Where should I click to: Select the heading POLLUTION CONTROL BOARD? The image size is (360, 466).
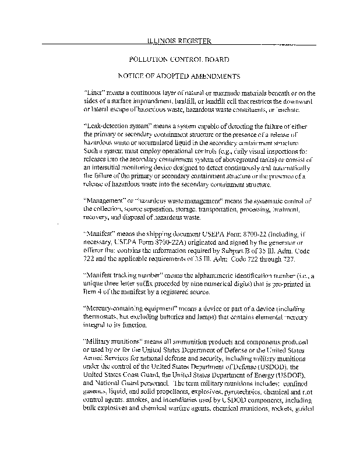coord(175,59)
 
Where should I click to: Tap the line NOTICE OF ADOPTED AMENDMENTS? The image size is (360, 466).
coord(175,76)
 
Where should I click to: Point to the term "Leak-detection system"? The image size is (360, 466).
coord(117,126)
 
